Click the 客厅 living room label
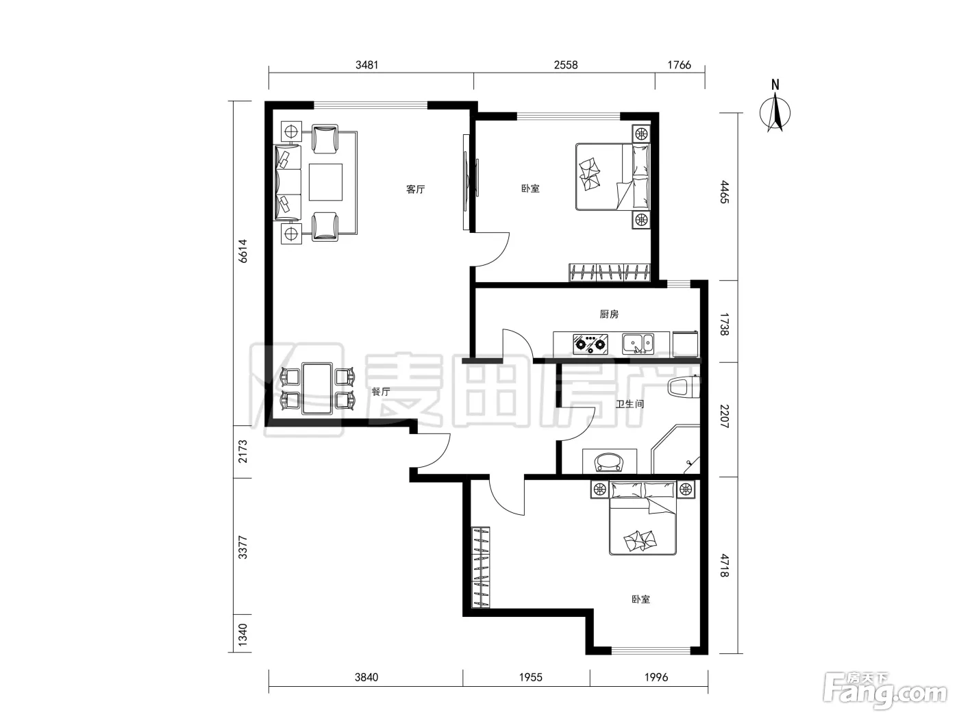[415, 189]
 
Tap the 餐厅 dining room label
[381, 392]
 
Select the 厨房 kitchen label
[609, 314]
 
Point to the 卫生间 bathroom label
[630, 404]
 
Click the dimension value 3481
[366, 65]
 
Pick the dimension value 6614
[243, 251]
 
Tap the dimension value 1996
[656, 677]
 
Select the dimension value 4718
[724, 566]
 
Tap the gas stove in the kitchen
[590, 344]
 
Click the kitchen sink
[638, 344]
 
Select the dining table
[317, 388]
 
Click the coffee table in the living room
[325, 182]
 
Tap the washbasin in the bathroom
[610, 462]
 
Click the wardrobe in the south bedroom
[481, 567]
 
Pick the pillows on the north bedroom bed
[640, 177]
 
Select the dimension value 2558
[566, 65]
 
